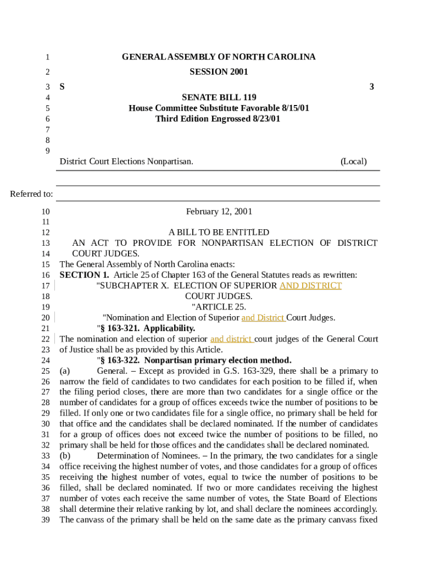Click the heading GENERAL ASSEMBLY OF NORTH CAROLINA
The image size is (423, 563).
pyautogui.click(x=219, y=57)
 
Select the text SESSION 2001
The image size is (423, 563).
pyautogui.click(x=219, y=71)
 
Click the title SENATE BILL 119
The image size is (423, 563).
pyautogui.click(x=219, y=97)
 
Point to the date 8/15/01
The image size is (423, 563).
pyautogui.click(x=293, y=108)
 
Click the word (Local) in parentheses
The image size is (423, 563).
pyautogui.click(x=353, y=161)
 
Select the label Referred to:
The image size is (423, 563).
pyautogui.click(x=32, y=194)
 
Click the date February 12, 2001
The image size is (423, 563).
pyautogui.click(x=219, y=211)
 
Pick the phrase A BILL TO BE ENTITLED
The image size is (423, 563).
pyautogui.click(x=219, y=232)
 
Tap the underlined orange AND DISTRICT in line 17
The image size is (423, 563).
pyautogui.click(x=310, y=285)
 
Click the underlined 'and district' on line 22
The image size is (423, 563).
pyautogui.click(x=231, y=339)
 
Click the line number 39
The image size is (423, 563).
pyautogui.click(x=46, y=520)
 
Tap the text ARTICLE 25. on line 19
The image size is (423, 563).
pyautogui.click(x=219, y=307)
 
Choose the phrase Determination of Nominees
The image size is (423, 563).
pyautogui.click(x=146, y=455)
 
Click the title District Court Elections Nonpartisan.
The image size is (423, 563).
pyautogui.click(x=126, y=161)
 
